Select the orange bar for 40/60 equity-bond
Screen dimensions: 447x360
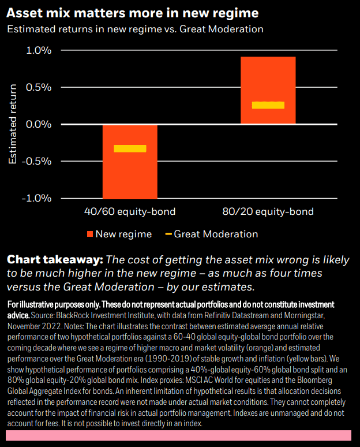(x=130, y=173)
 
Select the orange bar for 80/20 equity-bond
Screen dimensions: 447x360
(x=268, y=75)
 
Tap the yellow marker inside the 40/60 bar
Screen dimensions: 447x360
(x=130, y=148)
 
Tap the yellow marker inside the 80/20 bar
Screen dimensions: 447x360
(x=268, y=105)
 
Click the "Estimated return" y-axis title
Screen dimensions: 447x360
(x=13, y=125)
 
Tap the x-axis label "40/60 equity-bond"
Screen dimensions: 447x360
(x=130, y=212)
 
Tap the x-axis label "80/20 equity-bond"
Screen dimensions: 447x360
(x=268, y=212)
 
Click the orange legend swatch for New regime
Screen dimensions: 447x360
(x=89, y=234)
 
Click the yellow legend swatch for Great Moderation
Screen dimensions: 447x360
(x=168, y=234)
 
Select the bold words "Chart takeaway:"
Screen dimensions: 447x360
(x=55, y=260)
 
